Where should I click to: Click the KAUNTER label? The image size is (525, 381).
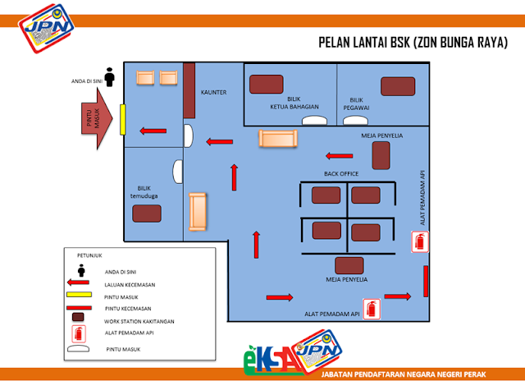pos(213,92)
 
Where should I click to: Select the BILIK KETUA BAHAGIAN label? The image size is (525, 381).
pos(290,103)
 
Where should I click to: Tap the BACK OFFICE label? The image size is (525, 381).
pos(342,174)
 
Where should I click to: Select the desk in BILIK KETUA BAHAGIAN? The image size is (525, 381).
pos(267,85)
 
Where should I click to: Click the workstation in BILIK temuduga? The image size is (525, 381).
pos(148,213)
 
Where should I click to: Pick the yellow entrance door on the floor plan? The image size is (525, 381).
pos(121,119)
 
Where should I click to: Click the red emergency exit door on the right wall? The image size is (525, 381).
pos(426,281)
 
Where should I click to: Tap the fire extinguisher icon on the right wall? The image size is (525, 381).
pos(420,241)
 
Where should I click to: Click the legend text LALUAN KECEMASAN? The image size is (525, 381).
pos(130,285)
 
